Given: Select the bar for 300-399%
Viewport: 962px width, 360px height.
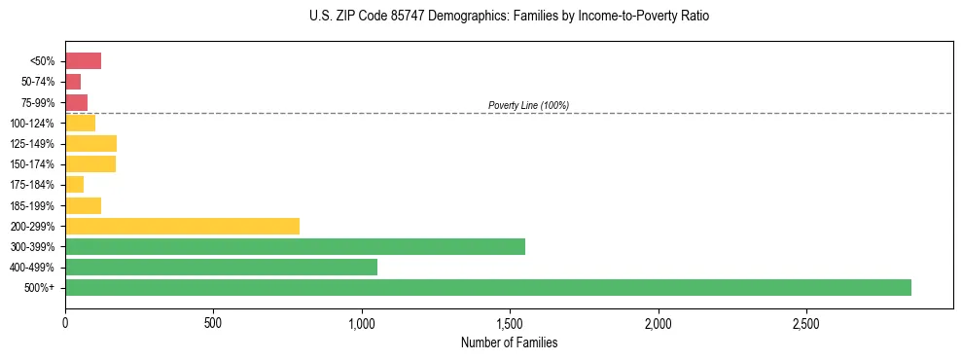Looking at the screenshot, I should tap(295, 246).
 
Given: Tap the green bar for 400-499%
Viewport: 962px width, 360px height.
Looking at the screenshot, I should tap(221, 267).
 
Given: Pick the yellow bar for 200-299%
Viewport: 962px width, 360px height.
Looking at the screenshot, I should tap(182, 226).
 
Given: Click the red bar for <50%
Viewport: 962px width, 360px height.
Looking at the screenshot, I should tap(83, 61).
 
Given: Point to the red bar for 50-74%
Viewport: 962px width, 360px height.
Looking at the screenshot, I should tap(73, 82).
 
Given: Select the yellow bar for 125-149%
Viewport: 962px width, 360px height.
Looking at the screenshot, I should tap(90, 144).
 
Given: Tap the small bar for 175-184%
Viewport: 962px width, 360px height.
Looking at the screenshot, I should tap(74, 185).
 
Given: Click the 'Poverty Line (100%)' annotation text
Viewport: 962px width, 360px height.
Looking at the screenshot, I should tap(528, 105).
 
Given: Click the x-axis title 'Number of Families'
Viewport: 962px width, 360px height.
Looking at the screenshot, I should tap(509, 342).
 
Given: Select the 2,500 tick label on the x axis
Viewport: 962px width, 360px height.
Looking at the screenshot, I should tap(806, 322).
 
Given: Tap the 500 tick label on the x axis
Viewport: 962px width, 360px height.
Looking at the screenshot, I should tap(213, 322).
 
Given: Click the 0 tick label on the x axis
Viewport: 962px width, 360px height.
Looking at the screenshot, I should tap(65, 322).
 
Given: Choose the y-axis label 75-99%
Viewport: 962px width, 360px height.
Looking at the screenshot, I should tap(37, 103).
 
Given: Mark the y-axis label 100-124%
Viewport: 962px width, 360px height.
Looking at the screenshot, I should tap(33, 124).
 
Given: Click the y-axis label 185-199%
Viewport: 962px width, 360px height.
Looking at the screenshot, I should tap(33, 205).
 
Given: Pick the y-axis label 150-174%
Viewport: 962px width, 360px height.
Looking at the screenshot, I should tap(33, 164).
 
